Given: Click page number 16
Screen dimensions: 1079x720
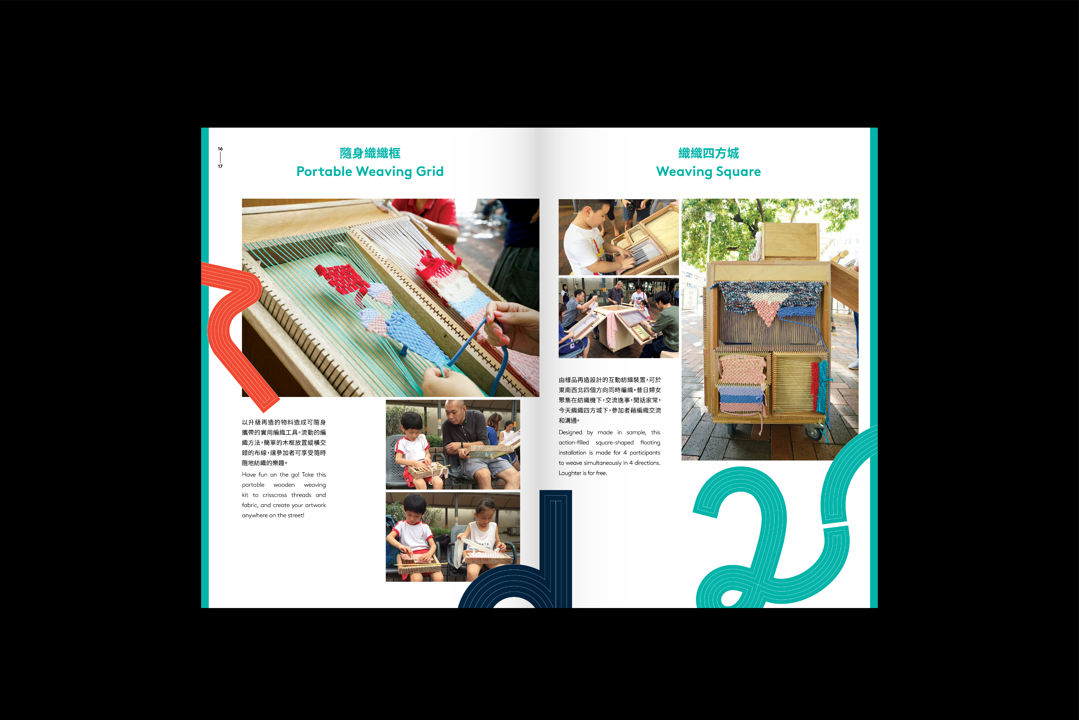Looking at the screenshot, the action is [x=220, y=149].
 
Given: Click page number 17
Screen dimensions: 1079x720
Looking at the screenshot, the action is [x=220, y=166].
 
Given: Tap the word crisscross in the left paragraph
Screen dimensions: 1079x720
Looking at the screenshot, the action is [x=275, y=495].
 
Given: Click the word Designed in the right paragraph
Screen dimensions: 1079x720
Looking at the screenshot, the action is [x=570, y=433].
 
